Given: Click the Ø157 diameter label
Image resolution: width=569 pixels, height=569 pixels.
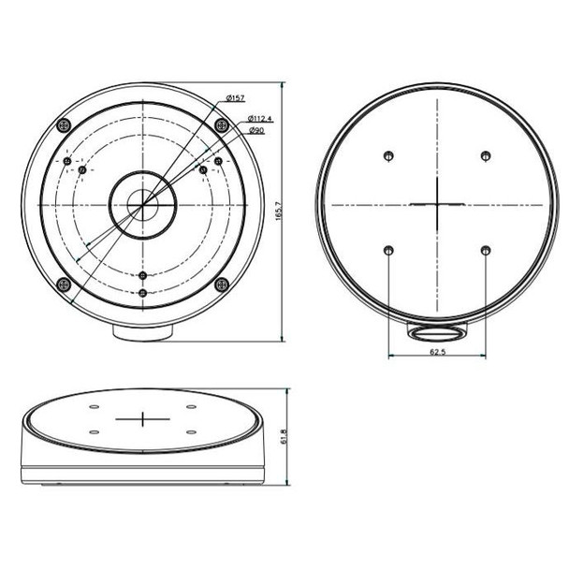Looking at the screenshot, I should [235, 98].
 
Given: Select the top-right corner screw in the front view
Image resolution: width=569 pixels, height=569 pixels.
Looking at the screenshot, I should [220, 124].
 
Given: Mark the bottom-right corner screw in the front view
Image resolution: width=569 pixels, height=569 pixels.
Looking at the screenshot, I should [220, 285].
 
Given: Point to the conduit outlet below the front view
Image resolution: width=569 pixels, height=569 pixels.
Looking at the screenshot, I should [142, 330].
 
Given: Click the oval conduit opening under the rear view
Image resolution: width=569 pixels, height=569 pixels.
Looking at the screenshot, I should [437, 332].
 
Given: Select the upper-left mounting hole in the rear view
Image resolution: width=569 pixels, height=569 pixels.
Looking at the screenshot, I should [387, 155].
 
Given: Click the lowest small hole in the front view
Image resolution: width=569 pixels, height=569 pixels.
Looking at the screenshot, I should [142, 293].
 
